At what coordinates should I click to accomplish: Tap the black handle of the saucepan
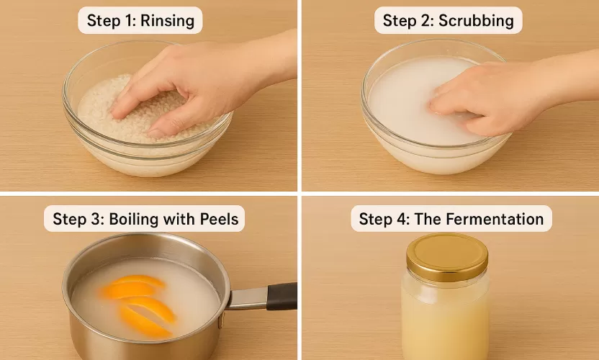pos(281,296)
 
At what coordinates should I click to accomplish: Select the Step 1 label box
pos(140,20)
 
